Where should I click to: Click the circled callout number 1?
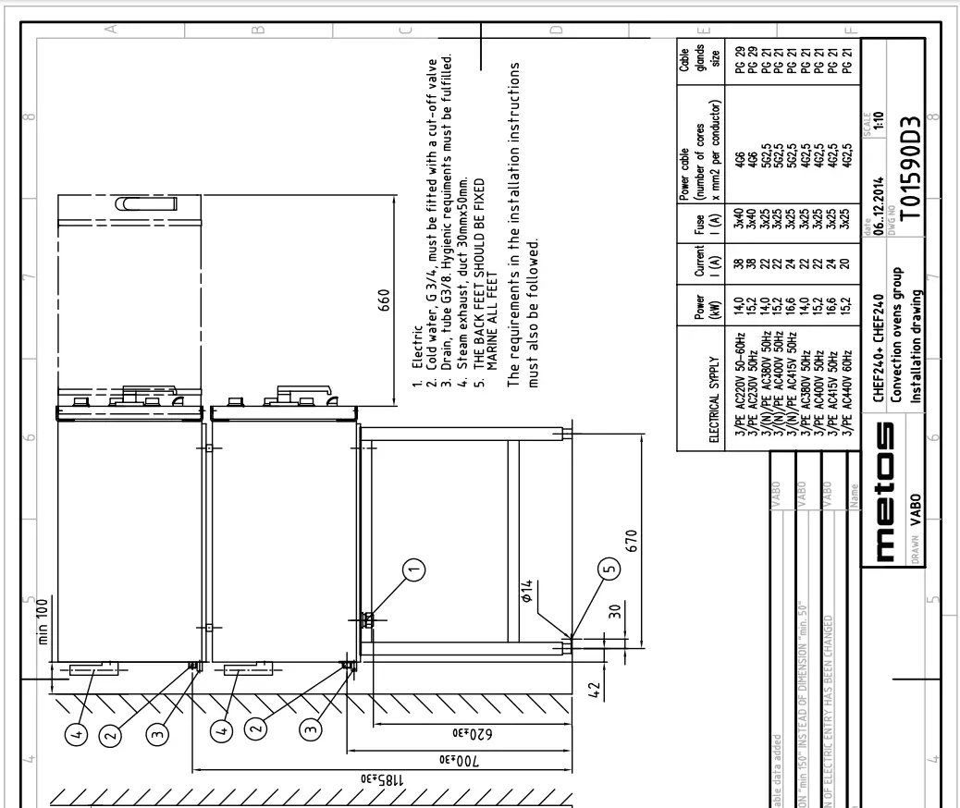click(415, 569)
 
